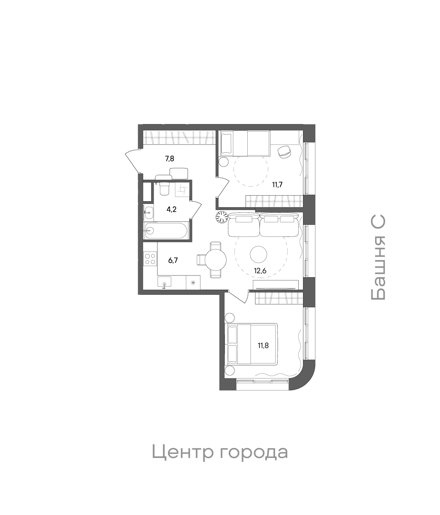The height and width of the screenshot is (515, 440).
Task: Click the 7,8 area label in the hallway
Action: (170, 158)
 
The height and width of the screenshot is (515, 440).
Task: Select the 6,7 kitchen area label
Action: (173, 260)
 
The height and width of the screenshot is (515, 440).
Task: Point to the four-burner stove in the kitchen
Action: (150, 258)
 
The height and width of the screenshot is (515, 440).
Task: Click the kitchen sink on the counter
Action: (164, 282)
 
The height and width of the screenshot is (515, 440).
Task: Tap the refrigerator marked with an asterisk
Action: (193, 282)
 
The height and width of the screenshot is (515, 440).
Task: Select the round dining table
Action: (215, 260)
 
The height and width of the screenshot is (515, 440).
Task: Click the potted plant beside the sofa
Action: (221, 218)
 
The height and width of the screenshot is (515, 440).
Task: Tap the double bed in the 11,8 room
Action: (252, 344)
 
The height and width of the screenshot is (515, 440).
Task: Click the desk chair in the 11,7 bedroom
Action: (285, 152)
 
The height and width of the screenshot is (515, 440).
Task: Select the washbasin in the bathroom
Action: (148, 211)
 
